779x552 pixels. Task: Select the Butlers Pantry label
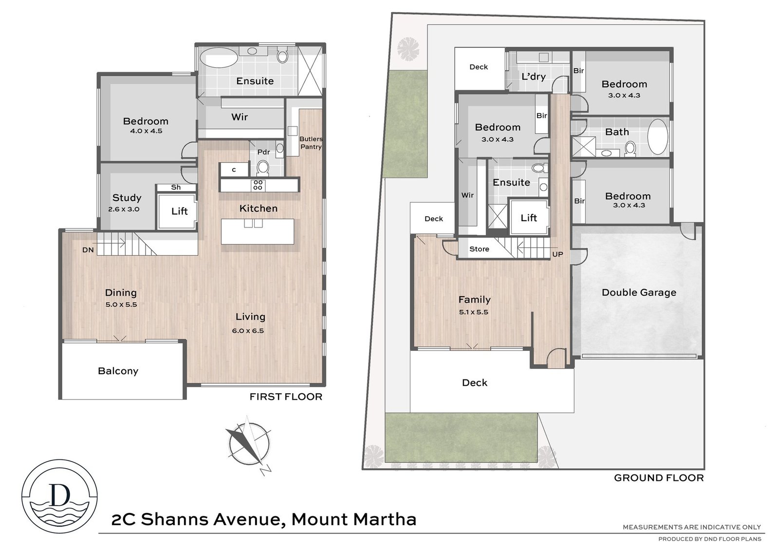[x=311, y=143]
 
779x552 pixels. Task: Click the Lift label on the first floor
[x=180, y=211]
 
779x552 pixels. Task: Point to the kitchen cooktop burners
[x=258, y=185]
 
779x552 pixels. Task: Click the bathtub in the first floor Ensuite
[x=218, y=58]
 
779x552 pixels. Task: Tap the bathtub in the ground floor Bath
[x=658, y=137]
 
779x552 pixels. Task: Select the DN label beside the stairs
[x=88, y=250]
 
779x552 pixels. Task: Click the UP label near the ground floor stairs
[x=557, y=254]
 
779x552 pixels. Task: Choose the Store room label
[x=479, y=249]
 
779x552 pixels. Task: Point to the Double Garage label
[x=639, y=292]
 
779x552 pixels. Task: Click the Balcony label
[x=118, y=371]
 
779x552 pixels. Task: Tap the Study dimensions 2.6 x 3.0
[x=124, y=209]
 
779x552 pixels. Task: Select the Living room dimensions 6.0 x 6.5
[x=248, y=331]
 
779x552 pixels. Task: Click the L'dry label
[x=534, y=76]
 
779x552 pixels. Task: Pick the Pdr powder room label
[x=263, y=152]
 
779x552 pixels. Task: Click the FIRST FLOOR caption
[x=286, y=397]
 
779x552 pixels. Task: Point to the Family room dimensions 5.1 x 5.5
[x=474, y=312]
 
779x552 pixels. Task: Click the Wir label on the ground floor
[x=467, y=195]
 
